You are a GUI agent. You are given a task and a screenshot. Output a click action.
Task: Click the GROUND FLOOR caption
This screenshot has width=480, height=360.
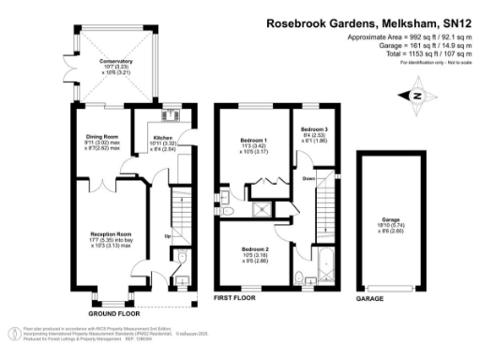108,312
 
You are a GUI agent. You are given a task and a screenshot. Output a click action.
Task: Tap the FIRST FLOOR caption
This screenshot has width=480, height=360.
235,298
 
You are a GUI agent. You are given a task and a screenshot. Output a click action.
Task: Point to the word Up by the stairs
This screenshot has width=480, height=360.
167,235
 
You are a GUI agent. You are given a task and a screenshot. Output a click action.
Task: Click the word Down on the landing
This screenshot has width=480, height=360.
307,176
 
